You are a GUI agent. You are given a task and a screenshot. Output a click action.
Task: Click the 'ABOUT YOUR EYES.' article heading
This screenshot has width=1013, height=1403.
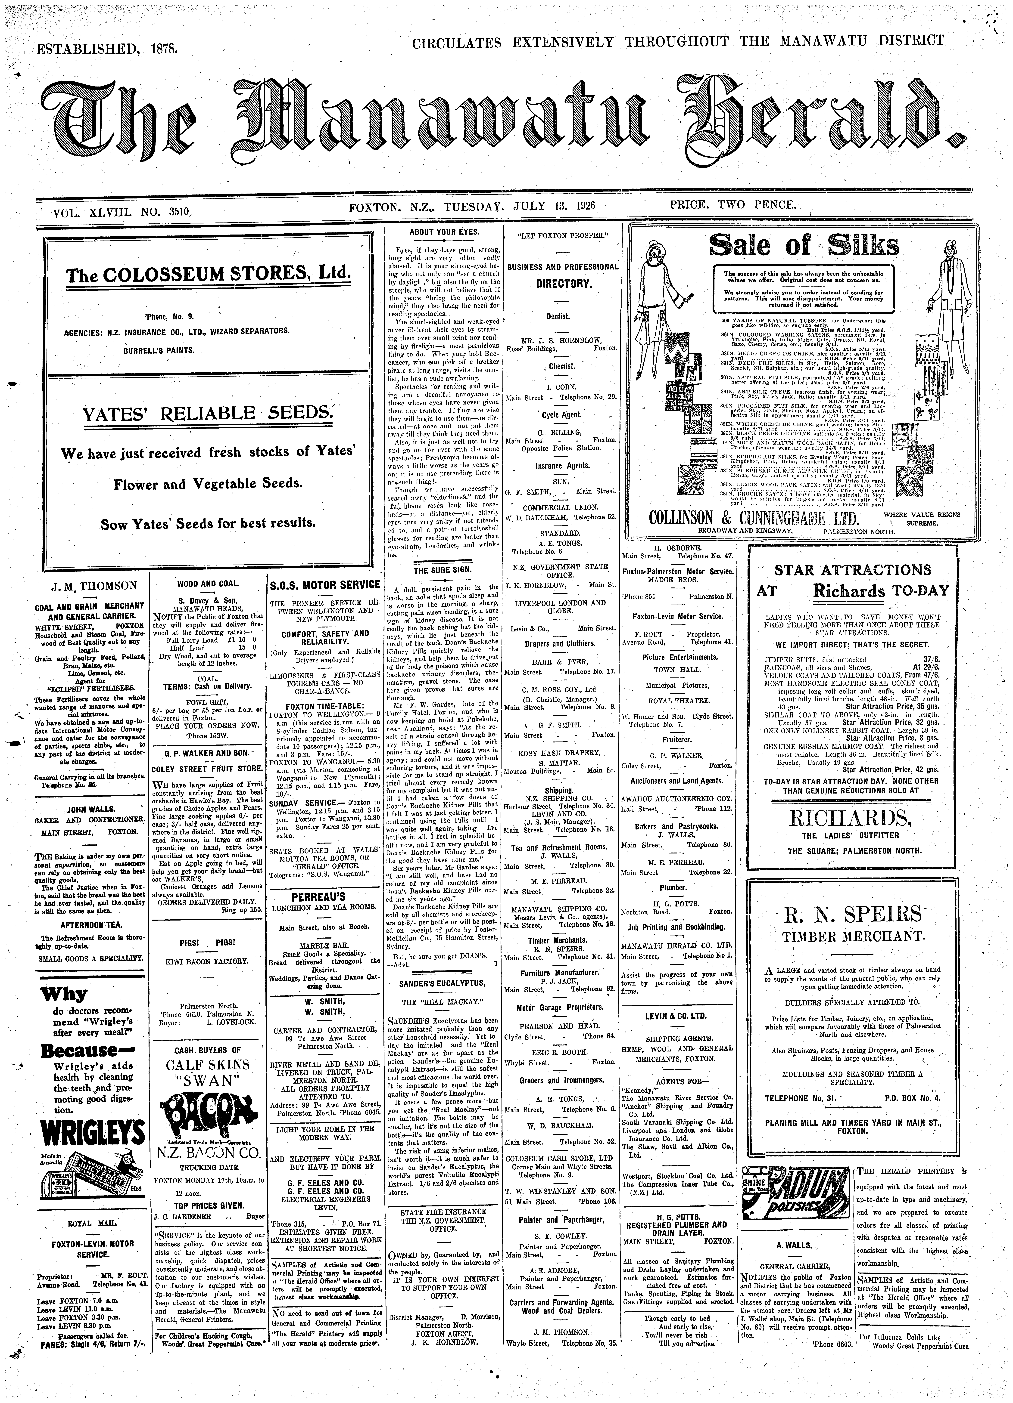[x=444, y=231]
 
